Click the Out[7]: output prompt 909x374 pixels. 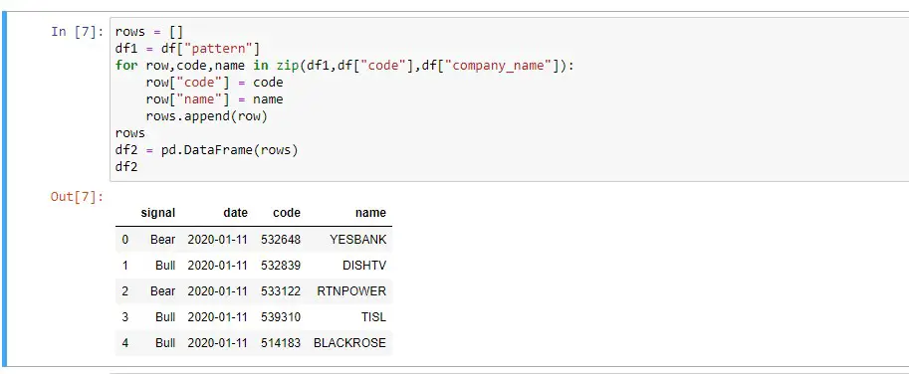(77, 197)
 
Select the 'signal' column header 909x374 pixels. (158, 213)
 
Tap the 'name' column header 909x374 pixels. (370, 213)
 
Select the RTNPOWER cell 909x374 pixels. (351, 291)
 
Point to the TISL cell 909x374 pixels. (374, 317)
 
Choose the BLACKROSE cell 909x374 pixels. (349, 343)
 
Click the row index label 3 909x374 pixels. (125, 317)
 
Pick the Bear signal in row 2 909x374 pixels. (162, 291)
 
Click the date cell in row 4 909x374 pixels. (217, 343)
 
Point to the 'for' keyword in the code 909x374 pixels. (126, 66)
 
